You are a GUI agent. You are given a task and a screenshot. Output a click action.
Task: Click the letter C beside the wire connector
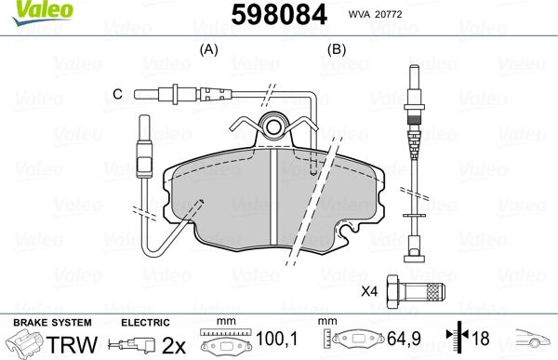pyautogui.click(x=117, y=94)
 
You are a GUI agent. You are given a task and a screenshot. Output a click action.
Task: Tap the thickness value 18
pyautogui.click(x=481, y=340)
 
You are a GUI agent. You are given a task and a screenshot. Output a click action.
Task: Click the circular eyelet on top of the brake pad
pyautogui.click(x=273, y=127)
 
